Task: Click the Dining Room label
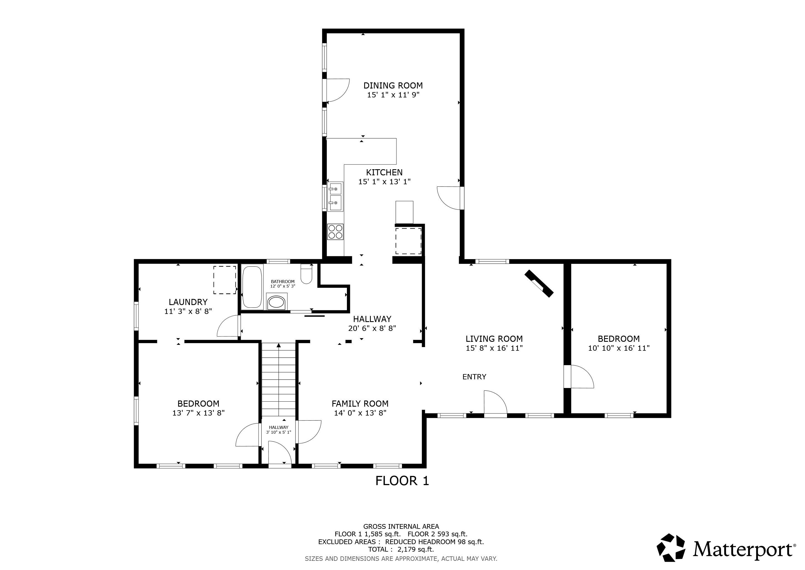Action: [393, 85]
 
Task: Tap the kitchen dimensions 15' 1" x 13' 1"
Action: [384, 182]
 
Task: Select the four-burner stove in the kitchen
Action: [335, 232]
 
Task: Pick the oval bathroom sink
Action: [277, 302]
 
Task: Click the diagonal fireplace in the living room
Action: [539, 284]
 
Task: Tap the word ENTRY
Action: [474, 377]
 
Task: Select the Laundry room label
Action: [188, 302]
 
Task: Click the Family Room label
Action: [360, 404]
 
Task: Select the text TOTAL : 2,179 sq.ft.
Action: [401, 549]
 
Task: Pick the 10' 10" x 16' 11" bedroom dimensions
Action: [619, 348]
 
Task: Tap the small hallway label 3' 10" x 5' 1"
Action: [279, 432]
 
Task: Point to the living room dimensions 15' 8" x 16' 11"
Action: [494, 348]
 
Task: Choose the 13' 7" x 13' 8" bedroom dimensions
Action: [198, 413]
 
